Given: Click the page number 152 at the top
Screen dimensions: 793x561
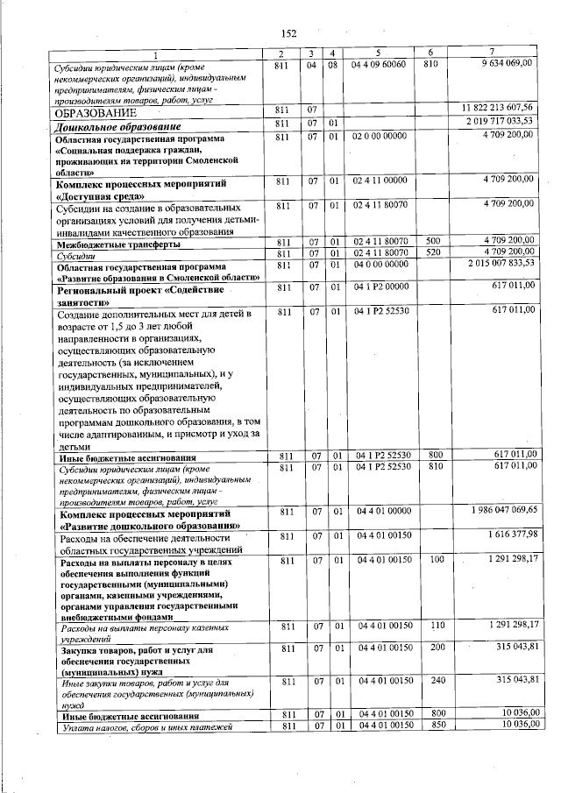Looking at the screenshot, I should tap(288, 32).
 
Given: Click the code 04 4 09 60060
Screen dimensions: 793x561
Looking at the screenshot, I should tap(379, 66).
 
